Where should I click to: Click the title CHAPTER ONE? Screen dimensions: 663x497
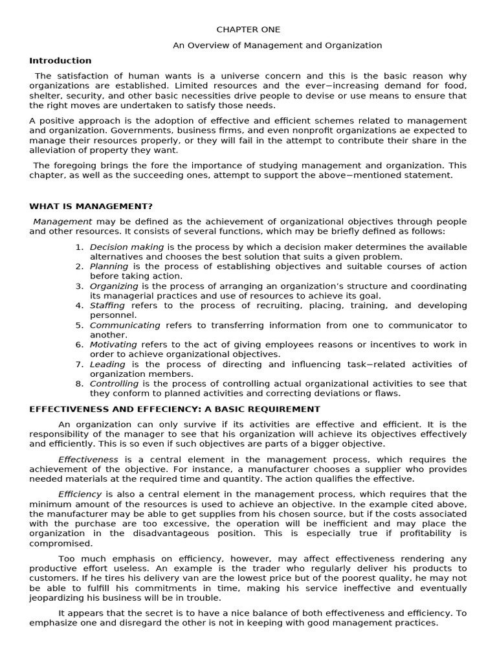[x=248, y=30]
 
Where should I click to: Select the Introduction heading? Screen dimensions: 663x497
[x=60, y=61]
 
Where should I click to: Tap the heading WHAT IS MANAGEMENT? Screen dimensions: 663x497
[x=91, y=207]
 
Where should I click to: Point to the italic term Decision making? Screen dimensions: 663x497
[x=127, y=247]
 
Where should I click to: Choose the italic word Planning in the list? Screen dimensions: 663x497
[x=109, y=267]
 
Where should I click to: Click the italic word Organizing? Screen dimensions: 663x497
[x=114, y=286]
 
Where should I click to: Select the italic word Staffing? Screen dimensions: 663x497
[x=107, y=306]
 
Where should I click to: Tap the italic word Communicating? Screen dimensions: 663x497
[x=125, y=325]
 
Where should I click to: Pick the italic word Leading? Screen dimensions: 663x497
[x=107, y=364]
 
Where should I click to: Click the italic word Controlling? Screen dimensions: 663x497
[x=114, y=383]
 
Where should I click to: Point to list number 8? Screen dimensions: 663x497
[x=79, y=383]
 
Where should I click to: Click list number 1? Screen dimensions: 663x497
[x=79, y=247]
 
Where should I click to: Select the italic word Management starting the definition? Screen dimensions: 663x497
[x=62, y=221]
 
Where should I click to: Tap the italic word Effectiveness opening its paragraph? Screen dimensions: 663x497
[x=88, y=460]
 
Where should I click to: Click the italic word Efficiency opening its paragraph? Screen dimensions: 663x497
[x=80, y=494]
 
